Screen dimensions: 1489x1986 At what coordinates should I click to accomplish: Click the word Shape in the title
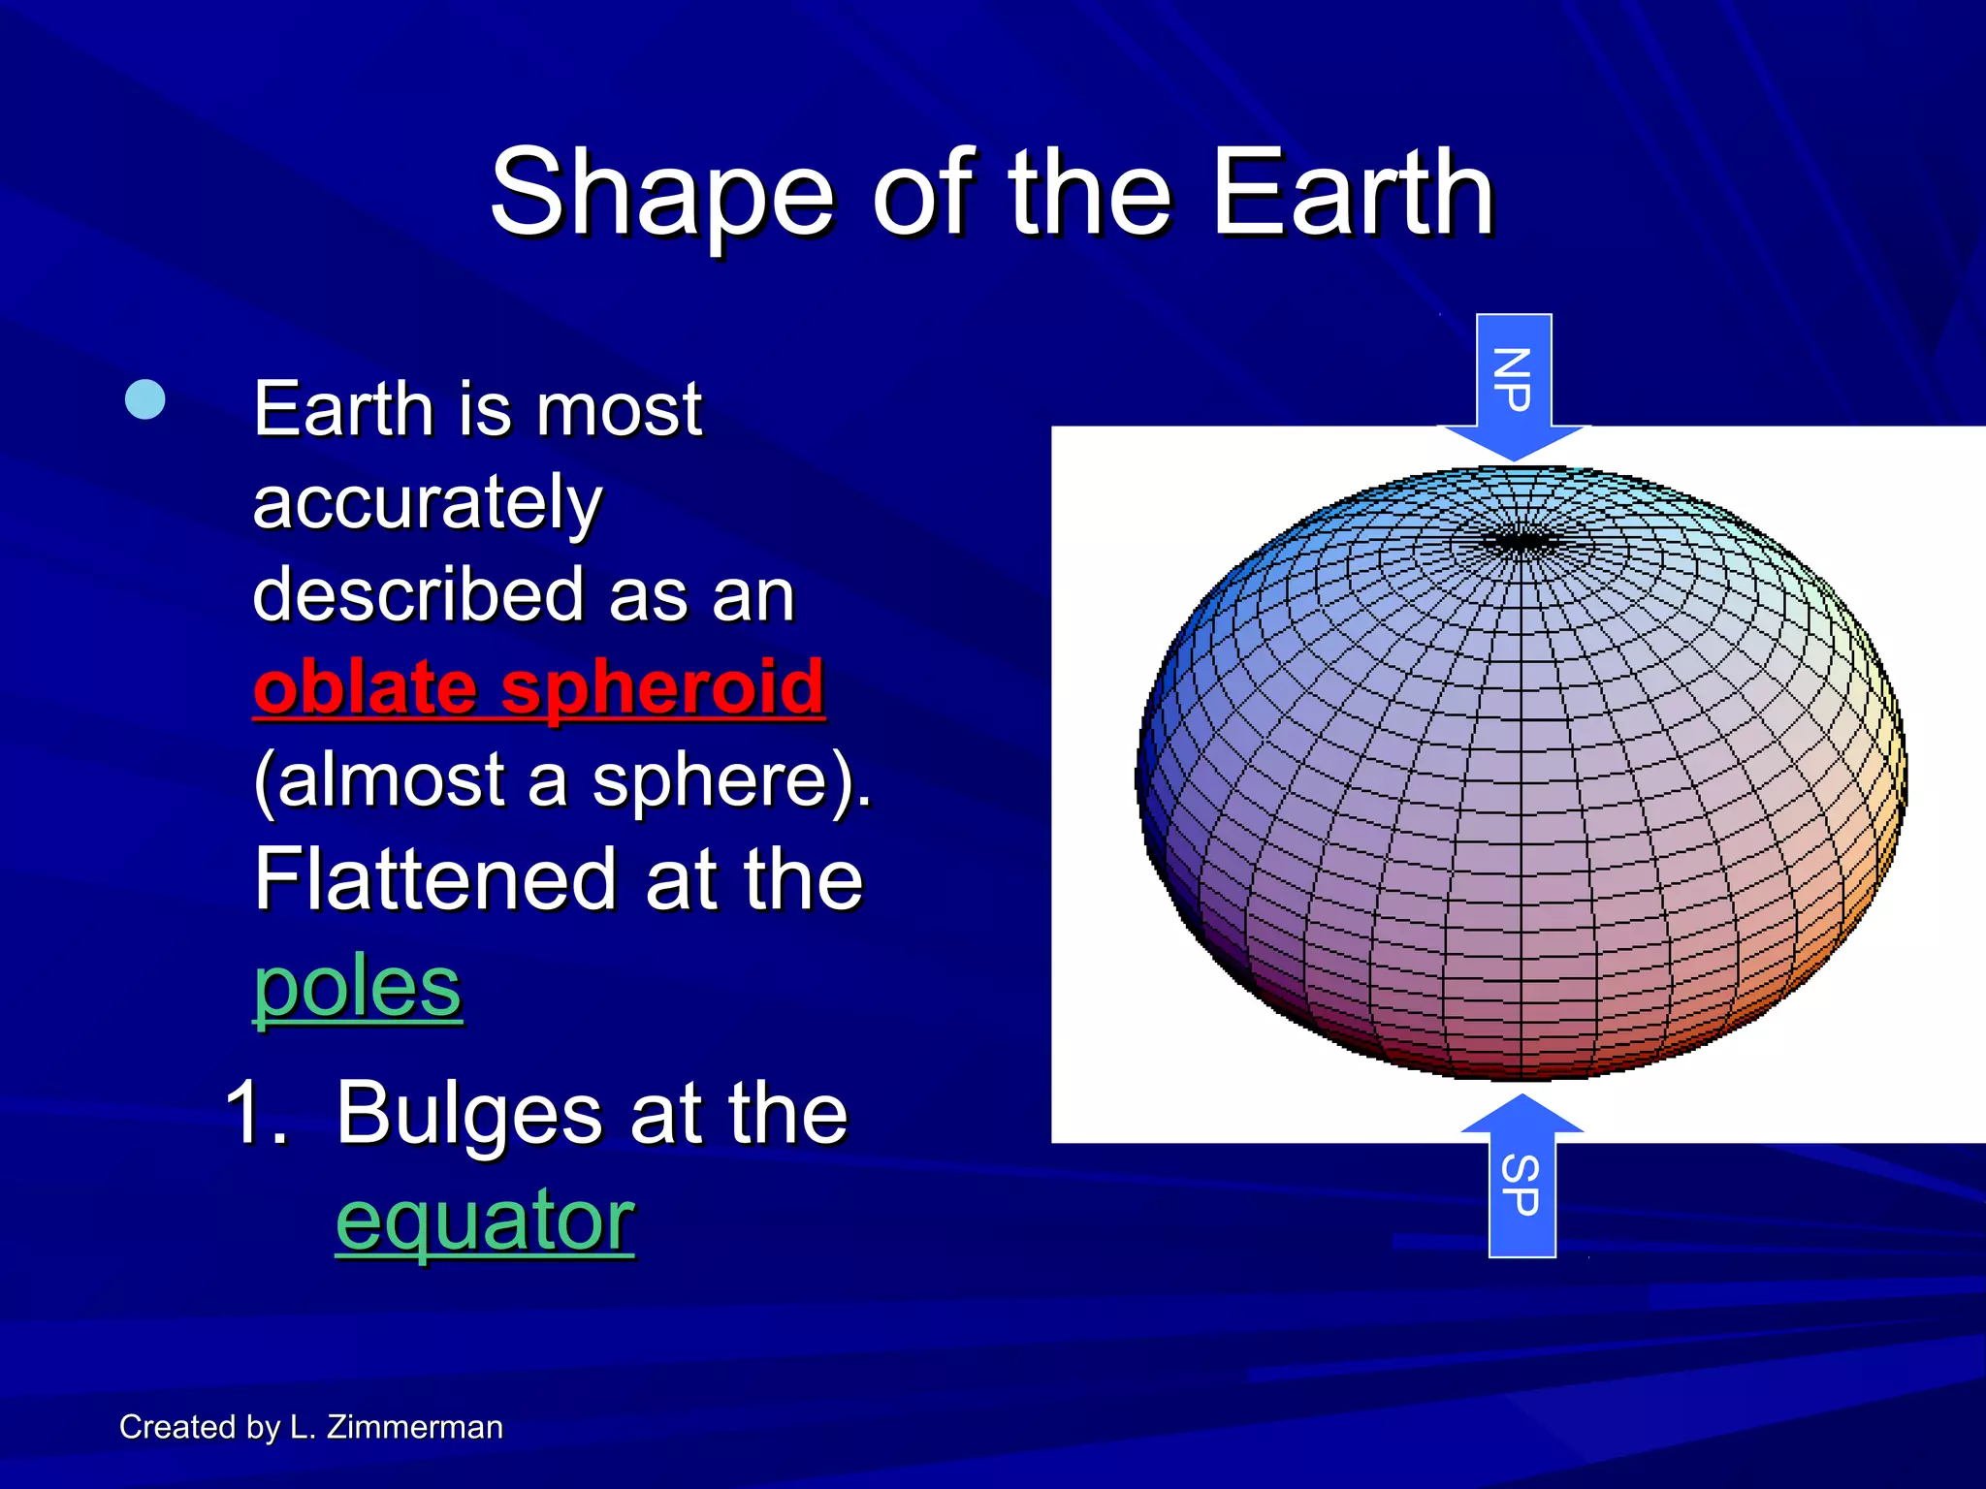coord(661,194)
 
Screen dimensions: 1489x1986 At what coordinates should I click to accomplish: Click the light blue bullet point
coord(145,399)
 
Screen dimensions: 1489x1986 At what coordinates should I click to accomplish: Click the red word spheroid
coord(662,686)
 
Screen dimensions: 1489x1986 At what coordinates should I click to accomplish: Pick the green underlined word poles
coord(357,987)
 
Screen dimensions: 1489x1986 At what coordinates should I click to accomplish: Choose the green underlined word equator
coord(485,1220)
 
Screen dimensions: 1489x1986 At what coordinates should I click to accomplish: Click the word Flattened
coord(435,879)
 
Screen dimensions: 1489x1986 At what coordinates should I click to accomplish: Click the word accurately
coord(428,502)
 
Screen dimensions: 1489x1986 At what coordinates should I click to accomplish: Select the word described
coord(418,594)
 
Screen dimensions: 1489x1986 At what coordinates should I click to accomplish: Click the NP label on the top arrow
coord(1513,379)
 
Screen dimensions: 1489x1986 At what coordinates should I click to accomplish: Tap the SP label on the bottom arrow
coord(1521,1186)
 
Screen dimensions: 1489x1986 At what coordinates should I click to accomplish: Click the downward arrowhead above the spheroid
coord(1513,442)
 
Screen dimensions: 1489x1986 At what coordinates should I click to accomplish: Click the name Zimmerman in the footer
coord(414,1427)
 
